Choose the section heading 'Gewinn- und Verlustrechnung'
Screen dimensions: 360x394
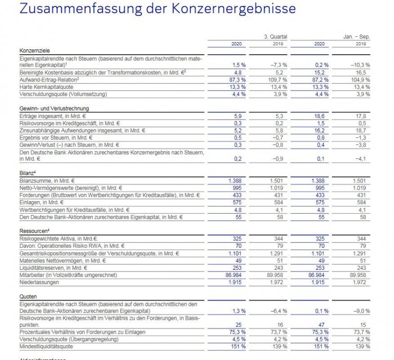[54, 108]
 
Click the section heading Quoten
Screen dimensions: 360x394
[28, 296]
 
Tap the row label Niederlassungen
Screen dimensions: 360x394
[40, 282]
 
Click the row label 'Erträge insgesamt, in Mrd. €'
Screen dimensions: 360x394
[54, 116]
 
